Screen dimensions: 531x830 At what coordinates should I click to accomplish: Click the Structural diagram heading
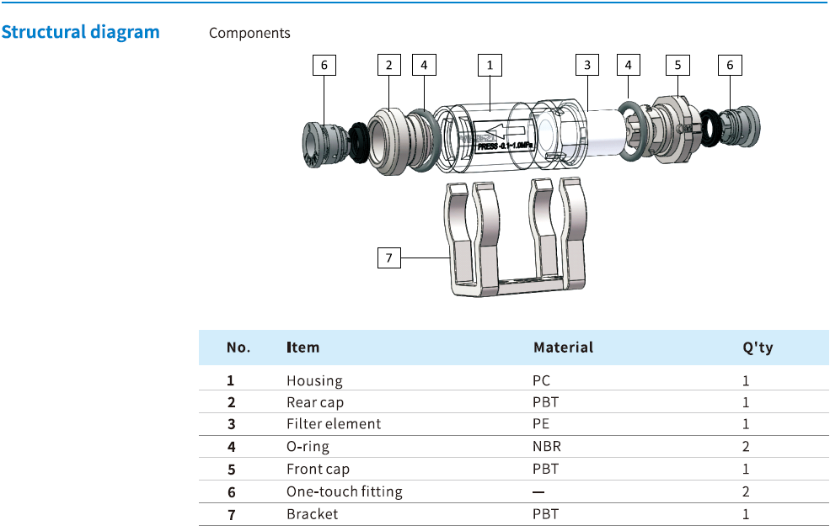[x=80, y=33]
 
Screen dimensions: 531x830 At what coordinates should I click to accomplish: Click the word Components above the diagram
[x=249, y=34]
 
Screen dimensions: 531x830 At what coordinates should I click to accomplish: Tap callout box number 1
[x=489, y=64]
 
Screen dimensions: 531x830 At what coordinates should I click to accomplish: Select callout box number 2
[x=388, y=64]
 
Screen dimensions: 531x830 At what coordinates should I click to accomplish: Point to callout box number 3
[x=587, y=64]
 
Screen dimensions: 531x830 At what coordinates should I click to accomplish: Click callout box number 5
[x=677, y=64]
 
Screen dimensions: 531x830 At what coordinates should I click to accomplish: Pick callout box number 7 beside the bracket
[x=388, y=258]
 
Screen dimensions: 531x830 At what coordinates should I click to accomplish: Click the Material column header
[x=563, y=348]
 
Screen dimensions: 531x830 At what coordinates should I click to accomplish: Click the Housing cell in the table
[x=314, y=380]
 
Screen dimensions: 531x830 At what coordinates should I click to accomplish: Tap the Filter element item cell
[x=334, y=424]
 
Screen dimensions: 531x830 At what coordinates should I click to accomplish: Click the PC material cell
[x=541, y=380]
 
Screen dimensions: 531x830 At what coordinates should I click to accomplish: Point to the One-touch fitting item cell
[x=344, y=491]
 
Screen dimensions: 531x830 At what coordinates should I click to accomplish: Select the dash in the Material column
[x=538, y=491]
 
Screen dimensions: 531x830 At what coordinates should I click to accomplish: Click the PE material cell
[x=541, y=424]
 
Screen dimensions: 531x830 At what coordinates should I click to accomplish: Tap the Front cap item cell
[x=318, y=469]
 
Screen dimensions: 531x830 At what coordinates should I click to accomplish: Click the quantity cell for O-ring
[x=746, y=447]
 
